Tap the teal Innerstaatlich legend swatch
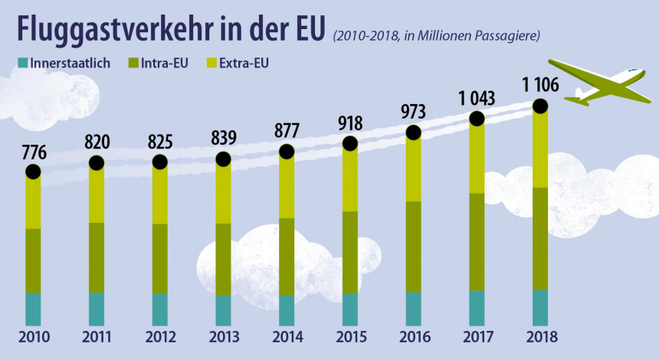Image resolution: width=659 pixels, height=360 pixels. click(21, 62)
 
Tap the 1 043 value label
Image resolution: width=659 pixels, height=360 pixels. click(476, 99)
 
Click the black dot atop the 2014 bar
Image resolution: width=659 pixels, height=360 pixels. click(287, 152)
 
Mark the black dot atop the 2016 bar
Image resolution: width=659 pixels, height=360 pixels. click(414, 133)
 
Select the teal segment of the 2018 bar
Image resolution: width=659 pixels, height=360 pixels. click(540, 307)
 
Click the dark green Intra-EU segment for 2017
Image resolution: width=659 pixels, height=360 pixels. click(477, 241)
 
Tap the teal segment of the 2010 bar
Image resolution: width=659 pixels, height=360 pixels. click(33, 309)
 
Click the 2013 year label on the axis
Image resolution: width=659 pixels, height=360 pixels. click(223, 337)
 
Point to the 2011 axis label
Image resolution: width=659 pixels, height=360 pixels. click(96, 337)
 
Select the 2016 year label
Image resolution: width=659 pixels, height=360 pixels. click(414, 337)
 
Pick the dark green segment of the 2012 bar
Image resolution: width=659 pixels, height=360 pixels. click(159, 258)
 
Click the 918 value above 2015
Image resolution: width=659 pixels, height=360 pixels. click(349, 123)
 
